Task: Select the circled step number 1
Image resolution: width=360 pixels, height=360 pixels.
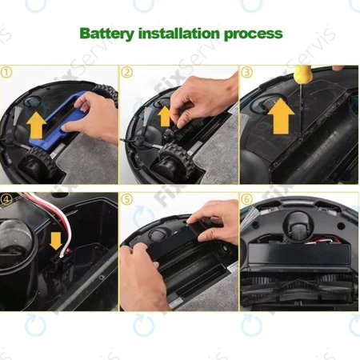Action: tap(7, 72)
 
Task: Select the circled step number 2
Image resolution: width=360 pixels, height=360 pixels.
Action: tap(127, 72)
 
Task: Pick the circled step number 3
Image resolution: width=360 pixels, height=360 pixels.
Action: tap(247, 72)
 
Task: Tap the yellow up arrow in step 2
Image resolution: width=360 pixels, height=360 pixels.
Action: tap(165, 115)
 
